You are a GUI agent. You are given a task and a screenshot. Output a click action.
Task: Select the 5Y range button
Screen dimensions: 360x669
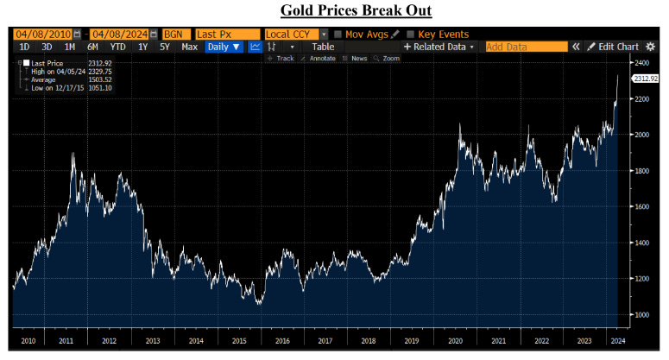(x=163, y=47)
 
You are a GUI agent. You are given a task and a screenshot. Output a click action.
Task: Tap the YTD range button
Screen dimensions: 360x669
(x=117, y=47)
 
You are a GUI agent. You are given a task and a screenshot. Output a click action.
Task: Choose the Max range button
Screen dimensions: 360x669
(x=189, y=47)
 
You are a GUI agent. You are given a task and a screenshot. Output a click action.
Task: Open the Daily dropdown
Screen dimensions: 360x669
(x=224, y=47)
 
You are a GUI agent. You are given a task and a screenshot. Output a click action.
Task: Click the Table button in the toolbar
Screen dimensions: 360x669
(x=322, y=47)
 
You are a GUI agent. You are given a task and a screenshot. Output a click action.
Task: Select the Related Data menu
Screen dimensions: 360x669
(x=439, y=47)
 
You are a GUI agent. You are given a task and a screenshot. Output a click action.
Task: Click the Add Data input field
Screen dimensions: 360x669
(x=526, y=47)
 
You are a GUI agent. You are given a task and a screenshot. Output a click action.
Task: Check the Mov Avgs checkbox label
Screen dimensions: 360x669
(x=367, y=34)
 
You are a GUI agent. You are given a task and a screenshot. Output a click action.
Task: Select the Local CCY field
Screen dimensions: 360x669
(x=291, y=34)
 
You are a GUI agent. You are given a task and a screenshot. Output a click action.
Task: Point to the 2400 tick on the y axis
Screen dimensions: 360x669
(x=641, y=63)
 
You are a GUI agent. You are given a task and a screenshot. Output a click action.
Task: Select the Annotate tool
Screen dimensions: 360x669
(x=320, y=58)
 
